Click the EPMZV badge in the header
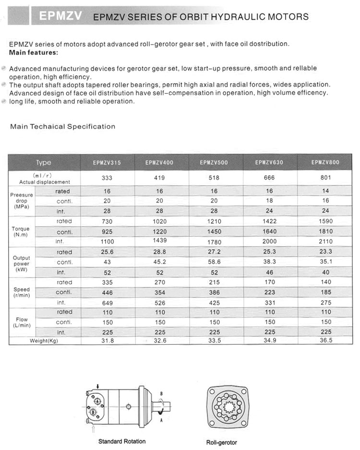click(56, 16)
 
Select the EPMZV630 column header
click(269, 162)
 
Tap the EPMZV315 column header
click(107, 163)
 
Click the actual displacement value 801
click(325, 178)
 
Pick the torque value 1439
click(159, 240)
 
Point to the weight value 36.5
click(325, 341)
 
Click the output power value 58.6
click(214, 262)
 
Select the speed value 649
click(107, 303)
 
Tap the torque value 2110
click(325, 242)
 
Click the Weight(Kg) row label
click(44, 341)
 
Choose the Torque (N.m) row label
click(21, 232)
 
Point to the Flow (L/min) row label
click(21, 322)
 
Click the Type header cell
click(43, 162)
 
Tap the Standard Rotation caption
click(122, 441)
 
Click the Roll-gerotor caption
click(222, 442)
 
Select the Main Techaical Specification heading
click(63, 127)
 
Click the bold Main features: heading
click(34, 52)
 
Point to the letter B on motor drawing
click(162, 393)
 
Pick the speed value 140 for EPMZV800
click(325, 282)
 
